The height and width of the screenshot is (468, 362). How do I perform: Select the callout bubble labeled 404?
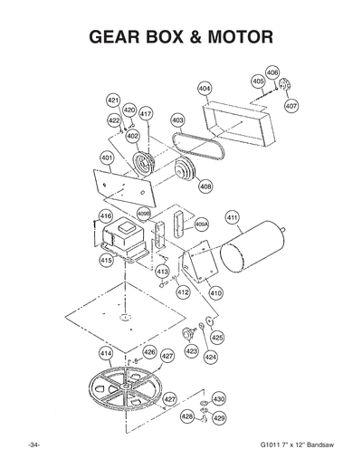coord(205,89)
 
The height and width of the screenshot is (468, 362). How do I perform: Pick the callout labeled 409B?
coord(143,214)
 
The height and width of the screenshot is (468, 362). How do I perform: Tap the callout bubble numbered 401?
coord(106,158)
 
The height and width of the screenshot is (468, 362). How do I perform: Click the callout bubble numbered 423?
coord(191,350)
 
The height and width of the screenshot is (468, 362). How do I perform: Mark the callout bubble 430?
coord(219,398)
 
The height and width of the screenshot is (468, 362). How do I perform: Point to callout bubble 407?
coord(291,106)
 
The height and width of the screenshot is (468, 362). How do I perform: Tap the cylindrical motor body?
coord(248,245)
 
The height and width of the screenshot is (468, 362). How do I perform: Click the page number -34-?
coord(33,448)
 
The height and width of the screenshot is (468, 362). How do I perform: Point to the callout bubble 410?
coord(215,293)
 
